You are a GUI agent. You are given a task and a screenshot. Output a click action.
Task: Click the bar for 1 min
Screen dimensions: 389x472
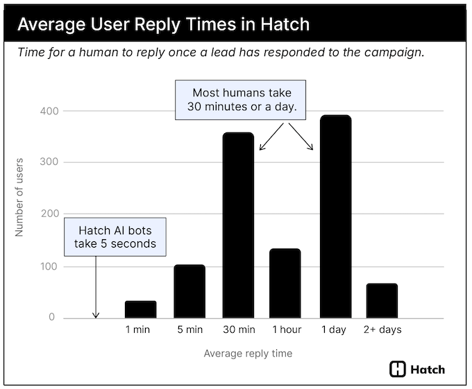tap(140, 309)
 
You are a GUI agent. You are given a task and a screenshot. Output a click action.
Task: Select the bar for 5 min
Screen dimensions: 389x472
tap(189, 291)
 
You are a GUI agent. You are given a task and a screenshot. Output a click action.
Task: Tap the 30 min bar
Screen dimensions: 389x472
tap(237, 225)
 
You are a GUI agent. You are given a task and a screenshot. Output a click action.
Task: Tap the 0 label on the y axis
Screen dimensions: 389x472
tap(51, 318)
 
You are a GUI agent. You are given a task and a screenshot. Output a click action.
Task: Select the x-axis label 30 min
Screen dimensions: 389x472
tap(237, 330)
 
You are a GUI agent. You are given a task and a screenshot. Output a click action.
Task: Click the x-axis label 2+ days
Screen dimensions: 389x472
tap(382, 330)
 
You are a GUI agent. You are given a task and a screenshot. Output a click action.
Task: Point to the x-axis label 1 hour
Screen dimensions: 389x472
tap(285, 330)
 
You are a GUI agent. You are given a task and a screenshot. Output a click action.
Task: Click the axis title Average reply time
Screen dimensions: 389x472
tap(248, 354)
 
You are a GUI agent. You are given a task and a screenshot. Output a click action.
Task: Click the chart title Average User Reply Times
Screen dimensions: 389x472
tap(163, 25)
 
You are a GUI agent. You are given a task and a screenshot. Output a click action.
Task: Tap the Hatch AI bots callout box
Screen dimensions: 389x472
tap(116, 236)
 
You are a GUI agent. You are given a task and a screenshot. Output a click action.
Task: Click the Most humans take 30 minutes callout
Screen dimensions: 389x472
tap(242, 101)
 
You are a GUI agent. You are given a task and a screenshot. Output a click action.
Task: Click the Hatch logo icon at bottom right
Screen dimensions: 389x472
tap(398, 369)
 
